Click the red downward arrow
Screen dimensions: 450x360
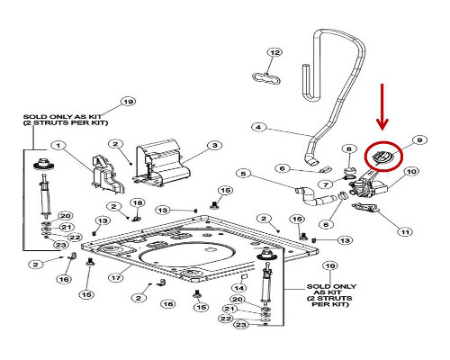click(x=382, y=107)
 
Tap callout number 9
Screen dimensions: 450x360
click(x=419, y=139)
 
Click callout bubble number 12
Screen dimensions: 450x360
click(x=274, y=52)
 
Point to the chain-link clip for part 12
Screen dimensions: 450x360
click(x=266, y=78)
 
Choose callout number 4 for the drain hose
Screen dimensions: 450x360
click(x=258, y=127)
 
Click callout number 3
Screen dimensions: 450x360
click(x=215, y=146)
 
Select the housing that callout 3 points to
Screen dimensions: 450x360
click(x=162, y=164)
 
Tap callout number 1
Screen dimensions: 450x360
click(x=58, y=146)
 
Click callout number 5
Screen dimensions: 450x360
click(x=243, y=174)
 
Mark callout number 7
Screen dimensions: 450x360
click(x=326, y=184)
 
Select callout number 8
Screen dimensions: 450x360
click(x=349, y=148)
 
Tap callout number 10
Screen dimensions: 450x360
click(x=411, y=171)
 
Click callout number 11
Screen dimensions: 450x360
click(x=405, y=232)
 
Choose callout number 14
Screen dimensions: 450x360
click(x=239, y=288)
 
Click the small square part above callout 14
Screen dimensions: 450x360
click(x=244, y=276)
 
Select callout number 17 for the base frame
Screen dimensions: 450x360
click(x=116, y=278)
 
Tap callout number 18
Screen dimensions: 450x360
click(x=138, y=203)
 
